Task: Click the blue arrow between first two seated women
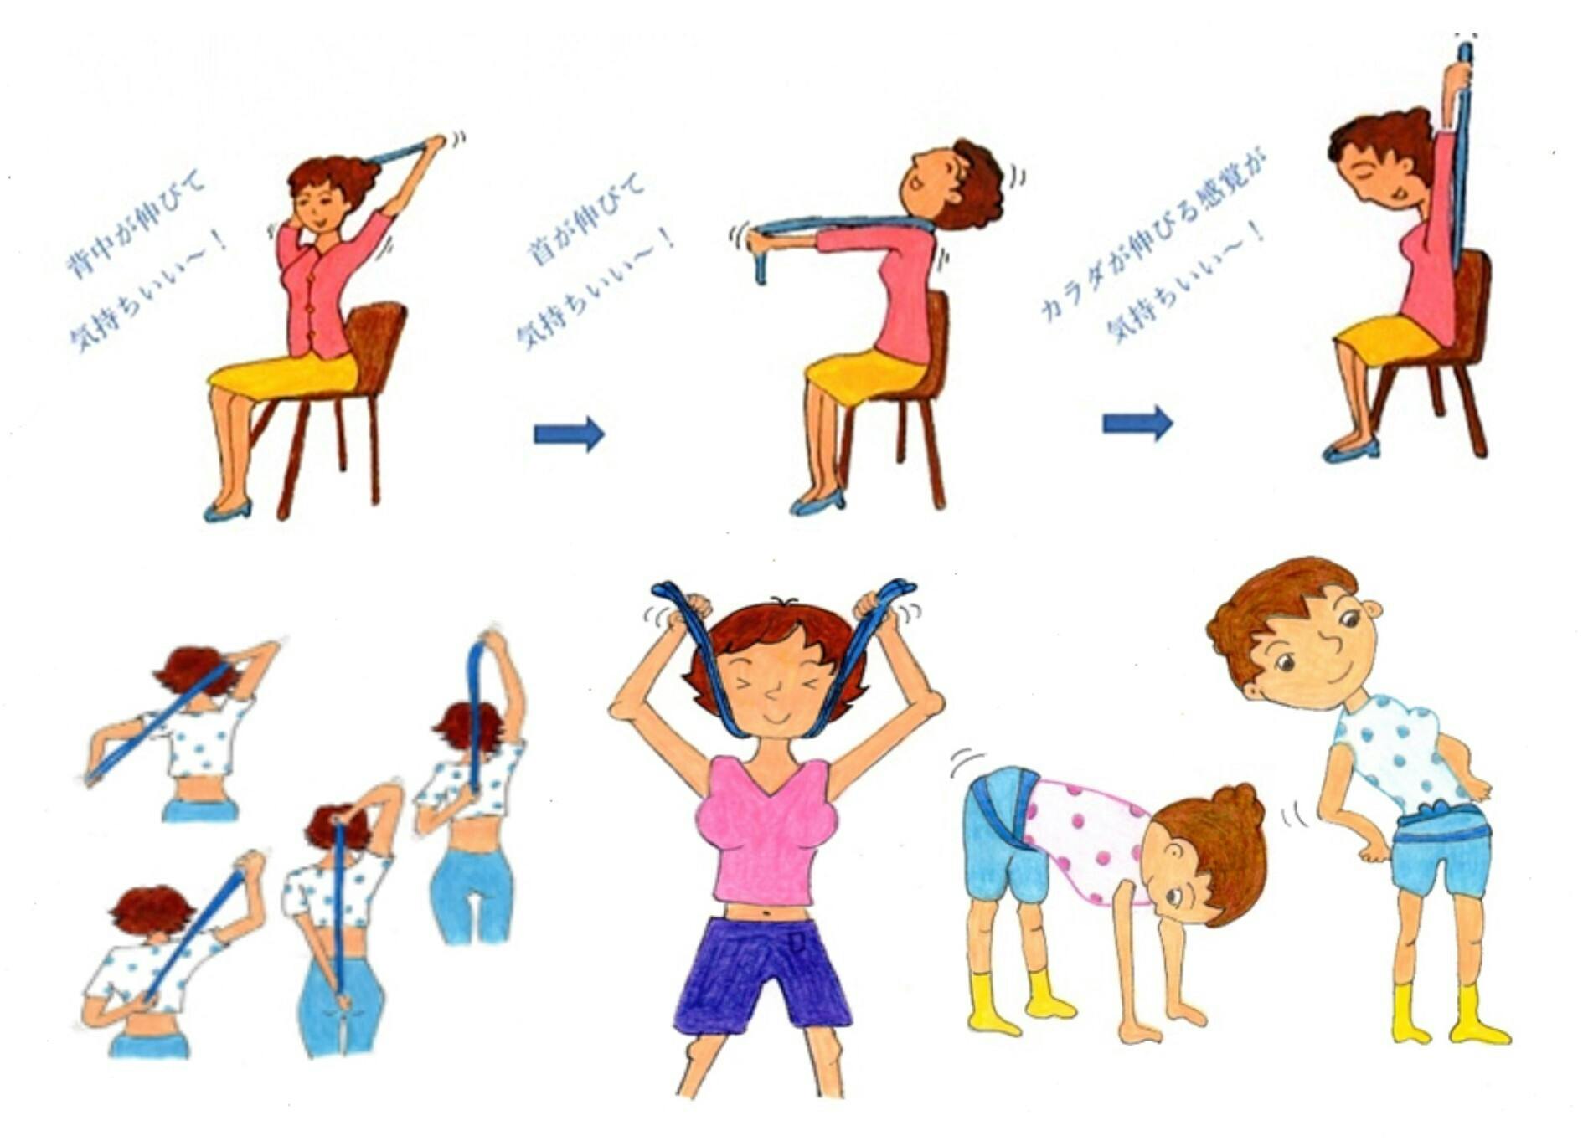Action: tap(569, 434)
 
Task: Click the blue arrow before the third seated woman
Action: tap(1137, 424)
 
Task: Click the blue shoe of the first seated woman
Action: tap(227, 510)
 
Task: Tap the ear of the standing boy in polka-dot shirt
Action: tap(1370, 610)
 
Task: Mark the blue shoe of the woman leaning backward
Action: tap(817, 503)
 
